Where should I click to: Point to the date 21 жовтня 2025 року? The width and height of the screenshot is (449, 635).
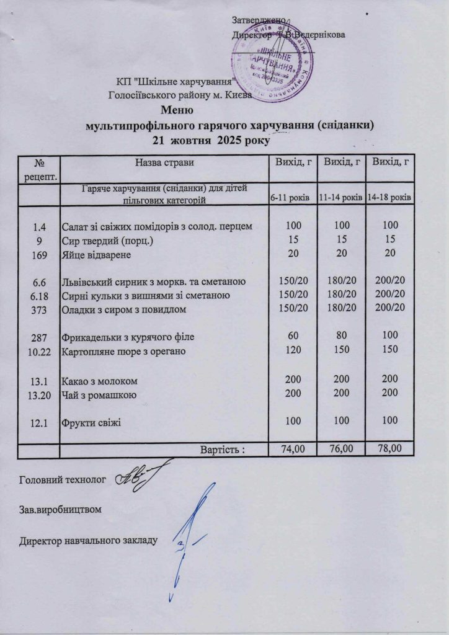tap(211, 140)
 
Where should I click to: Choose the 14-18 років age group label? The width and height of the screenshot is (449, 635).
tap(390, 197)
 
